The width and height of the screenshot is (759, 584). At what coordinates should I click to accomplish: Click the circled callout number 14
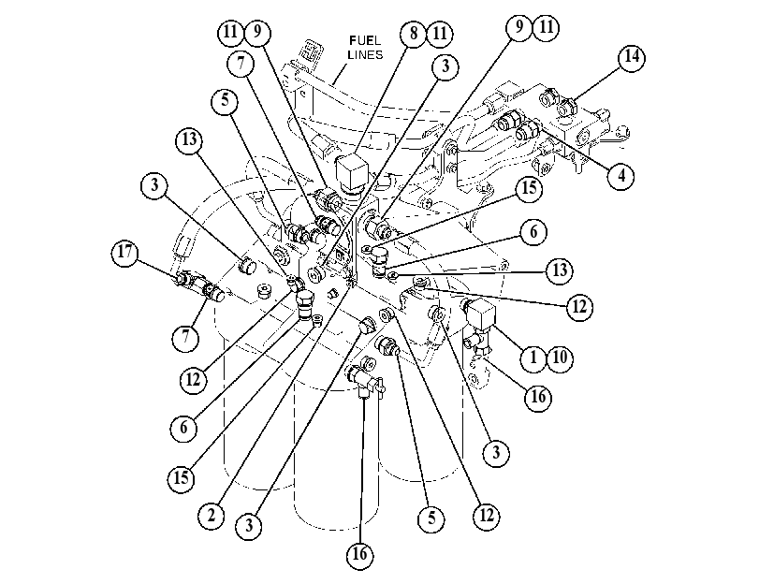click(x=632, y=57)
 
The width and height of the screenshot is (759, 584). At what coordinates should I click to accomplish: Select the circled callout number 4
click(x=621, y=176)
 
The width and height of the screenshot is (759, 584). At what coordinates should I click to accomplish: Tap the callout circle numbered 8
click(x=414, y=34)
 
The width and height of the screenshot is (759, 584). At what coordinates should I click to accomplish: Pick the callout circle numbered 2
click(x=212, y=516)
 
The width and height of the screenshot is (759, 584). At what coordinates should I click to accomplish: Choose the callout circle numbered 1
click(x=533, y=358)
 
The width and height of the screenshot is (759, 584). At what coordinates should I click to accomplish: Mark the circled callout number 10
click(x=560, y=358)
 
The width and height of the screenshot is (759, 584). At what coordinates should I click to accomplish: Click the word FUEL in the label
click(x=366, y=40)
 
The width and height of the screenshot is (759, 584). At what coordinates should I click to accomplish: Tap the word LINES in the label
click(x=366, y=54)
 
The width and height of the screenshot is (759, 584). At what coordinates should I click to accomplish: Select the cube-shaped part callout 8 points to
click(x=352, y=173)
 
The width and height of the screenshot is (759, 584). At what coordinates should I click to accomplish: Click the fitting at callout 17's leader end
click(x=185, y=280)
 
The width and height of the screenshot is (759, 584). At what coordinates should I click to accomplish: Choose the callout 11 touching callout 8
click(x=440, y=34)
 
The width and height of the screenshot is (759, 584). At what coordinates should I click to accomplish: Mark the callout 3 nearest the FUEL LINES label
click(x=445, y=66)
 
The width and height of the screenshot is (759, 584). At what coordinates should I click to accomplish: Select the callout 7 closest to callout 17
click(x=185, y=336)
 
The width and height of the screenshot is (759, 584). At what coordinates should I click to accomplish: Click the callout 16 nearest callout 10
click(x=538, y=397)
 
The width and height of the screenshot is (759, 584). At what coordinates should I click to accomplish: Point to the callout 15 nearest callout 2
click(x=181, y=478)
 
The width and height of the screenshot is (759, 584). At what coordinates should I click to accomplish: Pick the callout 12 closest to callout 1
click(x=579, y=307)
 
